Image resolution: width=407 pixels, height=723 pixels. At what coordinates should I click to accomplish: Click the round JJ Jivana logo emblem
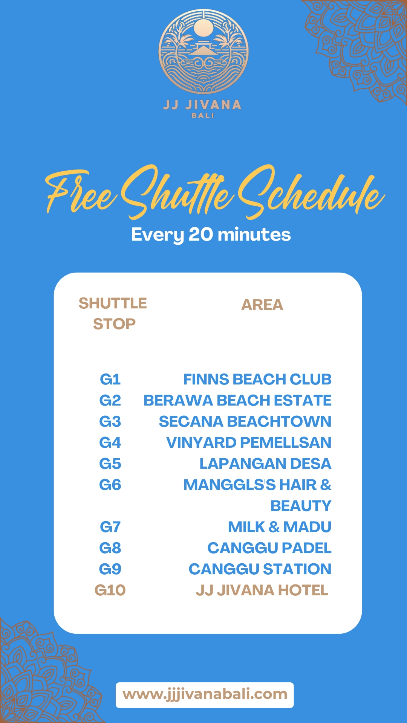(x=203, y=52)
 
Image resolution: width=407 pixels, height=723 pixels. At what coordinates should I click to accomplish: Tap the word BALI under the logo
(x=203, y=116)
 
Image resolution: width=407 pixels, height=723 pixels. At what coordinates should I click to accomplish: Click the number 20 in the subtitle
(x=200, y=234)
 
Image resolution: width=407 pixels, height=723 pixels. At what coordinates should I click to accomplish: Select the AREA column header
(x=262, y=305)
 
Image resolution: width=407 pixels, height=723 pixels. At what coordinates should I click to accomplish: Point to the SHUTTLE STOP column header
(x=113, y=313)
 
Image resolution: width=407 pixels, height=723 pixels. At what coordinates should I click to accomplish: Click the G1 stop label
(x=110, y=379)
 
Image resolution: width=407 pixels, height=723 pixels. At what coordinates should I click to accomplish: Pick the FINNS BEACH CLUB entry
(x=257, y=379)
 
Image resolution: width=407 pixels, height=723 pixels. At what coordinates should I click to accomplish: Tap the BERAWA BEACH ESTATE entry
(x=237, y=400)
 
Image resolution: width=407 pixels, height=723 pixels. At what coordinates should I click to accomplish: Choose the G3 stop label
(x=110, y=421)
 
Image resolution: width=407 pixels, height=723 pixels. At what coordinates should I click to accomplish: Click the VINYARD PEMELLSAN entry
(x=249, y=442)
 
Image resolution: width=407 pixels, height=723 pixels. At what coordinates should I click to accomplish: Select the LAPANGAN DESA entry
(x=265, y=464)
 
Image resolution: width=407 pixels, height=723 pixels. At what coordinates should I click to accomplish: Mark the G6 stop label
(x=110, y=485)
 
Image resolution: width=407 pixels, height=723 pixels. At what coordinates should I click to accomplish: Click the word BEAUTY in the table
(x=301, y=506)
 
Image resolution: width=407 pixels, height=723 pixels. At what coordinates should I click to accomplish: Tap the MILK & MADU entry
(x=280, y=527)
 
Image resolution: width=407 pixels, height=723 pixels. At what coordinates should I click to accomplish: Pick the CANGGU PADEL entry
(x=269, y=548)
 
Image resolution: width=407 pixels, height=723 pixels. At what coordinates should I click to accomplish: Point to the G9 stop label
(x=110, y=569)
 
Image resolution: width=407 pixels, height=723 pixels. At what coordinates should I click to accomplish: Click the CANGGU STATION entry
(x=260, y=569)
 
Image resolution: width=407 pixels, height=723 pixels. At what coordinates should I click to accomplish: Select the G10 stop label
(x=110, y=590)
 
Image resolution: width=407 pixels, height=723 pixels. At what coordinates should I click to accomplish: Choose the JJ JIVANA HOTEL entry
(x=262, y=590)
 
